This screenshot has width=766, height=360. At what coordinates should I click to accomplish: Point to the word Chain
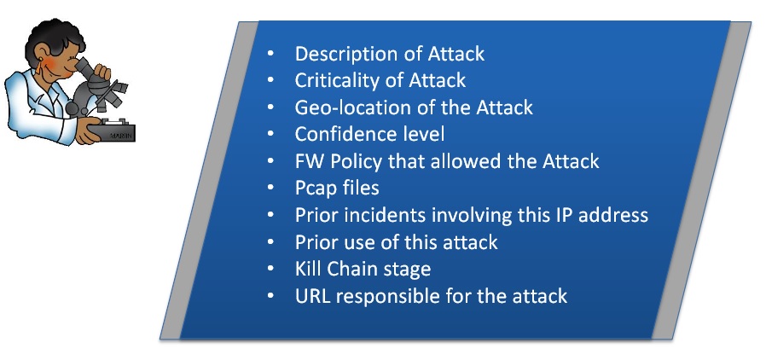pos(343,268)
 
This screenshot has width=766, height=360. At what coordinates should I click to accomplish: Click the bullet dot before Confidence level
pos(270,135)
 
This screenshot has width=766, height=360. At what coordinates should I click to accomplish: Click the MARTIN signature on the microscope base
pos(119,136)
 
